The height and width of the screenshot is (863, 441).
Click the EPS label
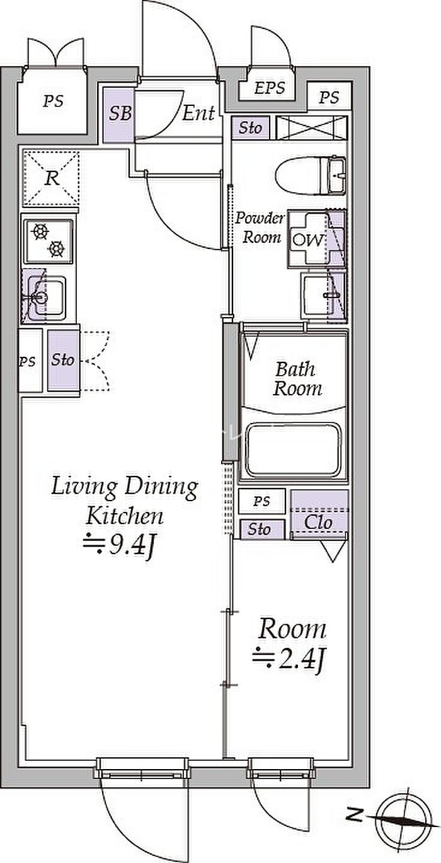click(270, 88)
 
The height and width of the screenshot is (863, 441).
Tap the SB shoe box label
click(120, 114)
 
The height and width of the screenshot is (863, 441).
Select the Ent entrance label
click(198, 113)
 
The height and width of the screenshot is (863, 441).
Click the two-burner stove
click(48, 241)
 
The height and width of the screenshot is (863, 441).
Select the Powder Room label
click(260, 228)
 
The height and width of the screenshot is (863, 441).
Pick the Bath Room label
click(297, 379)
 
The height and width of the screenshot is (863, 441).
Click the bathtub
click(294, 450)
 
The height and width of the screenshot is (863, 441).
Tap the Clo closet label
click(318, 523)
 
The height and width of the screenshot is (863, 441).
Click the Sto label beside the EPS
click(250, 127)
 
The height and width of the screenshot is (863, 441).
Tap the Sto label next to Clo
click(259, 530)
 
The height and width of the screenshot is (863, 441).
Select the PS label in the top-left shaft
click(53, 101)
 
